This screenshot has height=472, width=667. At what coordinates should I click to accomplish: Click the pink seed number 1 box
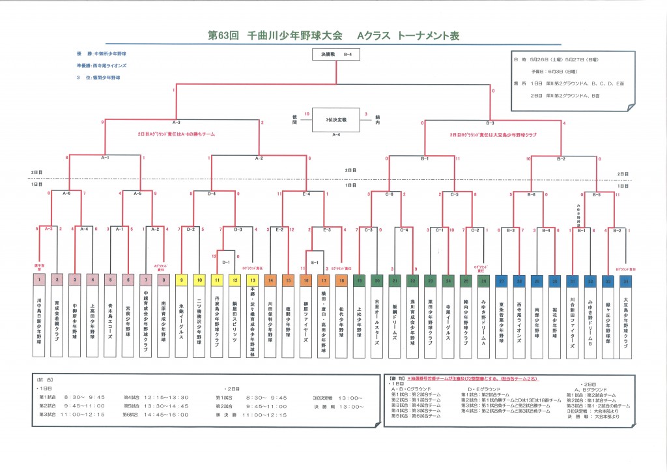(x=39, y=280)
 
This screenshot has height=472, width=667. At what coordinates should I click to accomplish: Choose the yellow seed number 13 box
(x=252, y=280)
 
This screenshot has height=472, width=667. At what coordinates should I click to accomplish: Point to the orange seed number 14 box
(x=270, y=280)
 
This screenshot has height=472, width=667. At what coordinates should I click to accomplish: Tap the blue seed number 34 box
(x=625, y=280)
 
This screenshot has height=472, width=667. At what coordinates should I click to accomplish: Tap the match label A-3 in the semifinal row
(x=176, y=122)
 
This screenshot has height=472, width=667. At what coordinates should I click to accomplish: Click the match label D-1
(x=225, y=262)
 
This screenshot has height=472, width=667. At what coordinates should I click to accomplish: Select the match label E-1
(x=315, y=262)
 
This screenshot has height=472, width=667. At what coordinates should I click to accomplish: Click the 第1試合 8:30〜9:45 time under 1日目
(x=65, y=396)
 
